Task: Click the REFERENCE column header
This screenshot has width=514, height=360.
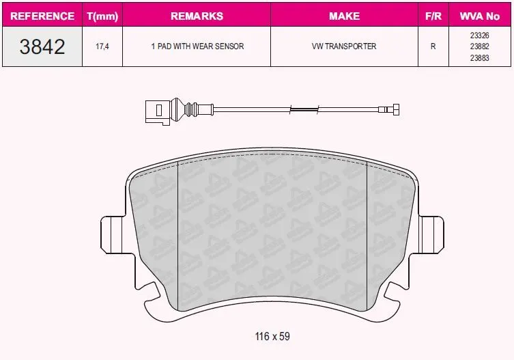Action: pyautogui.click(x=42, y=16)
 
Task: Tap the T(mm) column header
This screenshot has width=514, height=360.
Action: pyautogui.click(x=102, y=16)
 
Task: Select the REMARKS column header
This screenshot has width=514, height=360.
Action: pyautogui.click(x=197, y=16)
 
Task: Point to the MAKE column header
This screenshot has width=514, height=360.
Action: pyautogui.click(x=344, y=16)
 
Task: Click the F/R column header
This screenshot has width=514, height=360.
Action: pyautogui.click(x=433, y=16)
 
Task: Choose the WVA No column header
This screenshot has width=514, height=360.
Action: pyautogui.click(x=480, y=16)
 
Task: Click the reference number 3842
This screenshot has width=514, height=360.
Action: pyautogui.click(x=42, y=46)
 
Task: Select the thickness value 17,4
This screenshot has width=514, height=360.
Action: pyautogui.click(x=102, y=46)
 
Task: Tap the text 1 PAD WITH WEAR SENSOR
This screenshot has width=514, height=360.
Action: pyautogui.click(x=197, y=46)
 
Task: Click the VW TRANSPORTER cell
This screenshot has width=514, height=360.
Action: pyautogui.click(x=344, y=46)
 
